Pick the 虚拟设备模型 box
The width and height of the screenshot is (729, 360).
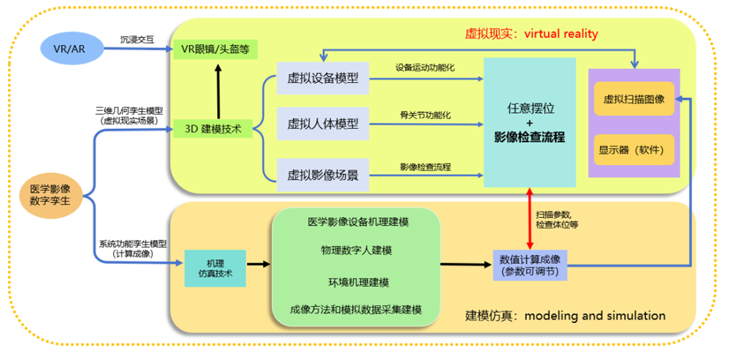[x=323, y=78]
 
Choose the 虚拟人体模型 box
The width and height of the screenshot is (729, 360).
[x=323, y=124]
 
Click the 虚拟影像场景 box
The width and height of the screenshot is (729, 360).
[x=323, y=175]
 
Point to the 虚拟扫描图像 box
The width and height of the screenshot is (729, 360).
[x=634, y=99]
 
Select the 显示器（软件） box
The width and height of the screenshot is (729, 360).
[x=634, y=149]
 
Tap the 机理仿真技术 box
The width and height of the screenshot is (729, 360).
[x=215, y=267]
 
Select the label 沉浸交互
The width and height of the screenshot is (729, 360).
[x=138, y=39]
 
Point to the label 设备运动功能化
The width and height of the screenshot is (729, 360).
[x=425, y=68]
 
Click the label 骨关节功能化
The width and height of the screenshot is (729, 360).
[x=425, y=114]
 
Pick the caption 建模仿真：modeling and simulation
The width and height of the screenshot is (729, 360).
[x=565, y=315]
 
